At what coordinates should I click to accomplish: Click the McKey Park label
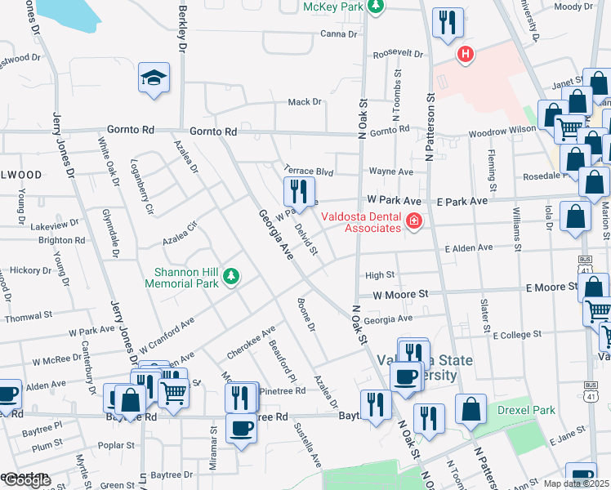coord(332,7)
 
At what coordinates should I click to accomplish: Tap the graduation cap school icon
coord(154,78)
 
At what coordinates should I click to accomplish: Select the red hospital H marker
coord(466,55)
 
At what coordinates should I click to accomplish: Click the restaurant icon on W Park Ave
coord(299,192)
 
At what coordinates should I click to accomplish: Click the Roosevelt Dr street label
coord(399,54)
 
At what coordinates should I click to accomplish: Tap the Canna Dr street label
coord(339,34)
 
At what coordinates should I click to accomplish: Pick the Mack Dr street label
coord(305,102)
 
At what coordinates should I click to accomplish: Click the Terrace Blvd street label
coord(309,172)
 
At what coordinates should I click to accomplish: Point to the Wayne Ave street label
coord(390,171)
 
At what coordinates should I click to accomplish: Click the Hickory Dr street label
coord(31,269)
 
